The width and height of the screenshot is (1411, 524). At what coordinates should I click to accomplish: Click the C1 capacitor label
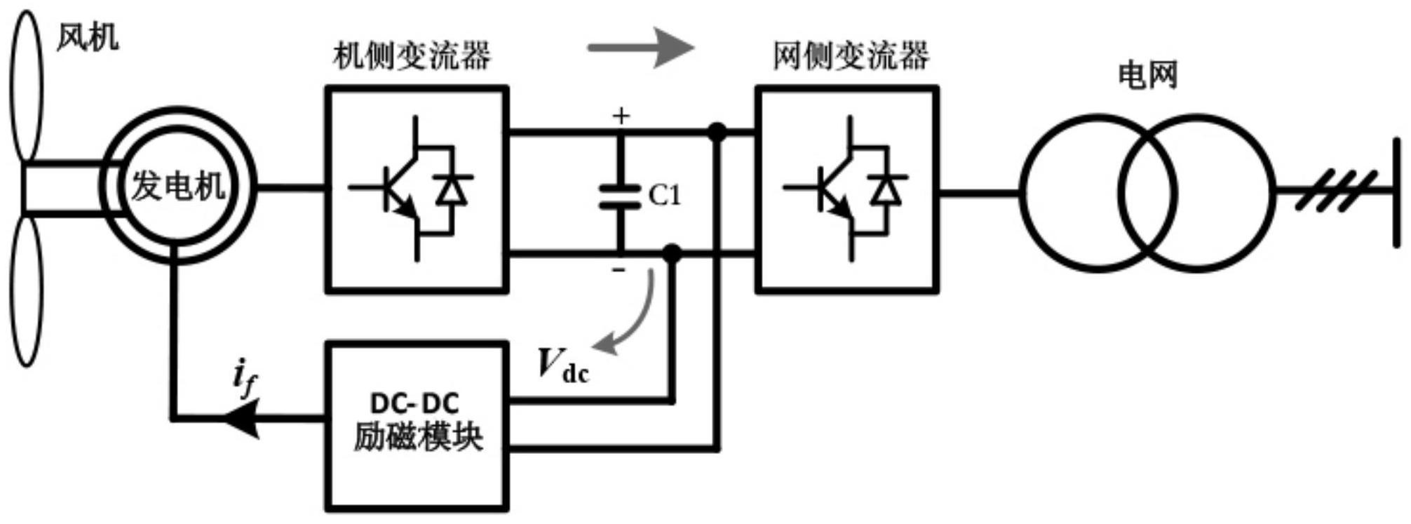pyautogui.click(x=664, y=196)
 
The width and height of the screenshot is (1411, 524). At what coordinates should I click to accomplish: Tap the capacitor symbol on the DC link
pyautogui.click(x=620, y=196)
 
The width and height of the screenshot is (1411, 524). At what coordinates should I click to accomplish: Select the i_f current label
pyautogui.click(x=244, y=378)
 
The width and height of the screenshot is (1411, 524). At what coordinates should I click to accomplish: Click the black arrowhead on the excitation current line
pyautogui.click(x=243, y=419)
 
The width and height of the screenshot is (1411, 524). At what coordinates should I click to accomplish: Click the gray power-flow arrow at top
pyautogui.click(x=641, y=48)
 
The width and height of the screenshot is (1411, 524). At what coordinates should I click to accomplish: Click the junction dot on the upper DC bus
pyautogui.click(x=717, y=132)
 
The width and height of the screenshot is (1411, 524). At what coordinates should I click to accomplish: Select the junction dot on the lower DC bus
pyautogui.click(x=672, y=254)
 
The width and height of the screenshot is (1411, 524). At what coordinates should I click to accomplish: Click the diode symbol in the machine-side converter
pyautogui.click(x=452, y=190)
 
